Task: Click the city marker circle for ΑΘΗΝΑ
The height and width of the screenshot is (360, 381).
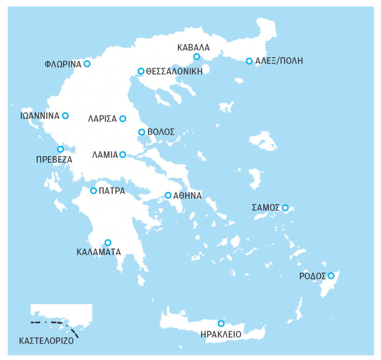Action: pyautogui.click(x=168, y=195)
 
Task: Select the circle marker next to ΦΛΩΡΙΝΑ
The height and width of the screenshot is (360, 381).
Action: pyautogui.click(x=87, y=64)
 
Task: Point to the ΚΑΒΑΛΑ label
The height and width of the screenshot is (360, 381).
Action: pyautogui.click(x=193, y=48)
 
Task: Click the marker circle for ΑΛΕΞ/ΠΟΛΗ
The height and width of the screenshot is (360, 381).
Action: pyautogui.click(x=249, y=61)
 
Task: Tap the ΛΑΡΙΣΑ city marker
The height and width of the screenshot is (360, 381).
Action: pyautogui.click(x=122, y=119)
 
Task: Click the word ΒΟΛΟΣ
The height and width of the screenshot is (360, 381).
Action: pyautogui.click(x=161, y=132)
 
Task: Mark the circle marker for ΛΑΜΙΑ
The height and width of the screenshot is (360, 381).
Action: pyautogui.click(x=122, y=155)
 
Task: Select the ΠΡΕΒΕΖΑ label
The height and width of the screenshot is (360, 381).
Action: pyautogui.click(x=54, y=159)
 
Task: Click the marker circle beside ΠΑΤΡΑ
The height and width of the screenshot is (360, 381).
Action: pyautogui.click(x=93, y=191)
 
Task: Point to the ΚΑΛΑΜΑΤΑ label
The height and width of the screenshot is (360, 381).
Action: pyautogui.click(x=99, y=251)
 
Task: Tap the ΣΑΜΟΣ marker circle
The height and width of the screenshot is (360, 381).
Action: pyautogui.click(x=285, y=207)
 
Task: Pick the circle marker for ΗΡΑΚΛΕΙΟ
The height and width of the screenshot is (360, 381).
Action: pyautogui.click(x=221, y=323)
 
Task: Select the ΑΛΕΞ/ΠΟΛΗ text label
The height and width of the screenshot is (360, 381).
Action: pyautogui.click(x=279, y=61)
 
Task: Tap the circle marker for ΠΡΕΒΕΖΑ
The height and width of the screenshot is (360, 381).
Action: pyautogui.click(x=60, y=149)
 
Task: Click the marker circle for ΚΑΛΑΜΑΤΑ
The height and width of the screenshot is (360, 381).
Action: pyautogui.click(x=108, y=243)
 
